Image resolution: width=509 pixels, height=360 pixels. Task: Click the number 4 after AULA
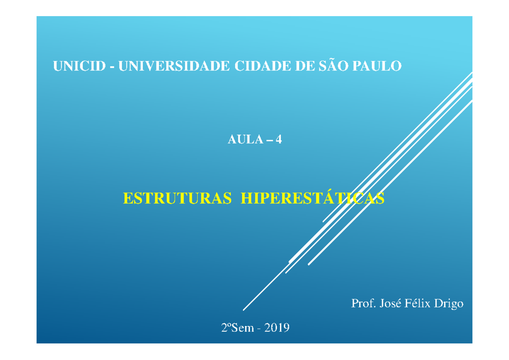[278, 139]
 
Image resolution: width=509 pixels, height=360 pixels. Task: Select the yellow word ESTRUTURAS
[177, 198]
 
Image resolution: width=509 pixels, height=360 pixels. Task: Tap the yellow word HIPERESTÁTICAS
[313, 198]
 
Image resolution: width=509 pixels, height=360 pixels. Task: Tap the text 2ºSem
[237, 328]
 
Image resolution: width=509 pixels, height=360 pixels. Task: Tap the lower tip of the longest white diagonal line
[243, 310]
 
